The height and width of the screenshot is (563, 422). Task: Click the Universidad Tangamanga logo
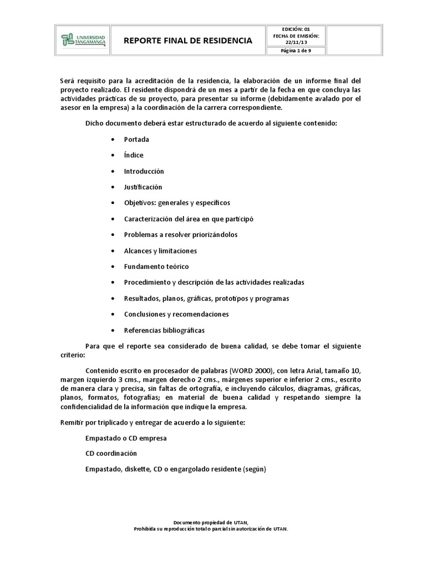point(83,40)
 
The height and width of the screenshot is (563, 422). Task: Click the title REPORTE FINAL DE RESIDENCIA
point(188,40)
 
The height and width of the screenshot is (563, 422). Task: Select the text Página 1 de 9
point(296,52)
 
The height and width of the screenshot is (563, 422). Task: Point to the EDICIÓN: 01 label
point(296,29)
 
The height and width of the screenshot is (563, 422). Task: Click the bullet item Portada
point(136,140)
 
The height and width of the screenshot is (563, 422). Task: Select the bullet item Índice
point(134,156)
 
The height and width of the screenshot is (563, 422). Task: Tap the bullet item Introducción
point(144,172)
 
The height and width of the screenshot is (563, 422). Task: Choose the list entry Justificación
point(143,187)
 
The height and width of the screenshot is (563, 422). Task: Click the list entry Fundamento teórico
point(156,267)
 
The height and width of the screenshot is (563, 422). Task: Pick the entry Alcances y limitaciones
point(160,251)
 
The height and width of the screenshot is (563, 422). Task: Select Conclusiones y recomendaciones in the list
point(176,314)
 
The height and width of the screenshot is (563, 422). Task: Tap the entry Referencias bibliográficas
point(164,330)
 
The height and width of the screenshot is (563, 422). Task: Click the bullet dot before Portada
point(113,140)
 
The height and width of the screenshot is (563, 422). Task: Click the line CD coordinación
point(111,454)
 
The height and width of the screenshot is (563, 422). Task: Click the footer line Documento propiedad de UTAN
point(211,522)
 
